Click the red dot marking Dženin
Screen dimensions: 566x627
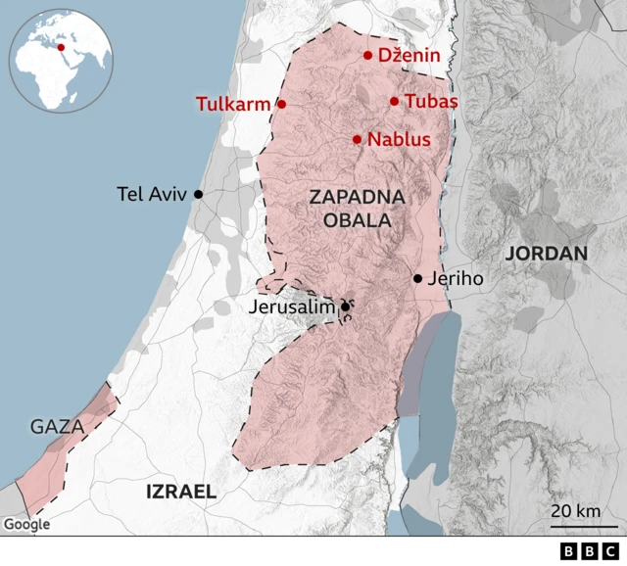(x=368, y=56)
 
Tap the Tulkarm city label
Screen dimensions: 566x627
(x=232, y=104)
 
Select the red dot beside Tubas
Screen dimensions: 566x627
(x=394, y=101)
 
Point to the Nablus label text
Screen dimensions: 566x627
(x=399, y=140)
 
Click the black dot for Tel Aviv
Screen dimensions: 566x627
(x=198, y=194)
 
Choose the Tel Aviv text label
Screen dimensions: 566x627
(x=151, y=194)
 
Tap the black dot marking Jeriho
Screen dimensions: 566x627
(x=418, y=278)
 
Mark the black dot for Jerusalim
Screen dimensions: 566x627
(x=345, y=307)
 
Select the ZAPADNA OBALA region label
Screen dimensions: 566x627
(x=357, y=209)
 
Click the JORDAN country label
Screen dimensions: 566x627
(x=547, y=254)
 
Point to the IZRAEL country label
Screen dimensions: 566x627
(x=180, y=492)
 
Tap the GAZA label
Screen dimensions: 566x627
(x=56, y=427)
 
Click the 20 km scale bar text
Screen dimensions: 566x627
(x=575, y=510)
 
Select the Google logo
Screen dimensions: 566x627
(x=26, y=524)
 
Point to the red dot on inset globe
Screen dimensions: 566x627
(x=61, y=46)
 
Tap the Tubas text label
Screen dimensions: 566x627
(x=431, y=101)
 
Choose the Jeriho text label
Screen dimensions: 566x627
(x=456, y=279)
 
